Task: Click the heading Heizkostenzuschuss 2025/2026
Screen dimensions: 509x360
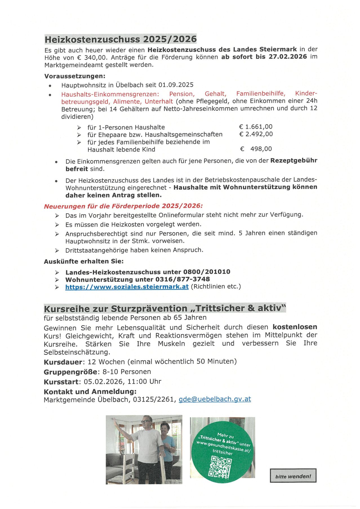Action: point(121,39)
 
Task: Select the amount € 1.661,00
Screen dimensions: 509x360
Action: point(256,127)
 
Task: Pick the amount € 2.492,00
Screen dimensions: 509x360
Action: point(256,134)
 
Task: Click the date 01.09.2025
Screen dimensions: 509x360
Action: point(176,85)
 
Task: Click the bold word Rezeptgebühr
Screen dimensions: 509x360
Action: point(294,161)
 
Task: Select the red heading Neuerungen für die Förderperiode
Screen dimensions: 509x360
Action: point(123,206)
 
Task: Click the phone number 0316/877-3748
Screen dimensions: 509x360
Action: point(182,279)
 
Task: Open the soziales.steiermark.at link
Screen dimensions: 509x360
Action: point(127,287)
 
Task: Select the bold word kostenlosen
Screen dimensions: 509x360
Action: point(295,327)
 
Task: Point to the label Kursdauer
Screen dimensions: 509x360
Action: point(63,362)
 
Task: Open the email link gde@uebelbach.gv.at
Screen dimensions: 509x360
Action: point(215,399)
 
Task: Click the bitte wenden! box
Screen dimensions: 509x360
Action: point(293,476)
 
